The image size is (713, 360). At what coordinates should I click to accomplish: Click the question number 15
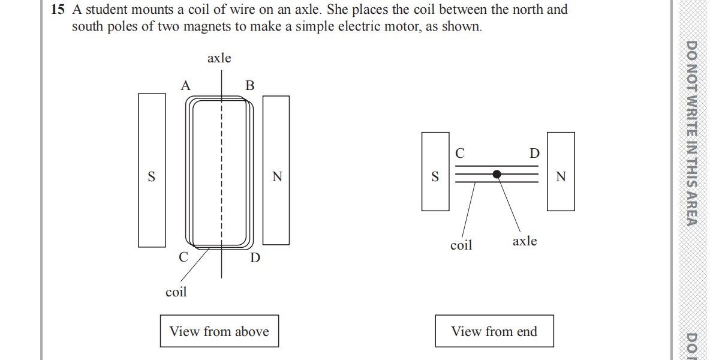tap(58, 10)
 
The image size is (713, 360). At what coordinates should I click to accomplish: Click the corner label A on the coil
tap(186, 86)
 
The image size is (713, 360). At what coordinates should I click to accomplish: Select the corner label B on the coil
tap(250, 86)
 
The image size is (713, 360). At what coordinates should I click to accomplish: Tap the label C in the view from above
tap(183, 257)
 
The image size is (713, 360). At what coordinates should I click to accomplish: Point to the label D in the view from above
tap(255, 259)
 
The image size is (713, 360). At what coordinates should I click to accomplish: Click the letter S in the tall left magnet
tap(151, 177)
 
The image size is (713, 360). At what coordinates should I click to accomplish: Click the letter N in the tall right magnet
tap(276, 177)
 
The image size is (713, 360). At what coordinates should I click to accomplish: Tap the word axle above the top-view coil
tap(219, 58)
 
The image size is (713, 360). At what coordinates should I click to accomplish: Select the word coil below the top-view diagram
tap(176, 292)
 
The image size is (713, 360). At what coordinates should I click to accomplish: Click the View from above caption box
tap(219, 331)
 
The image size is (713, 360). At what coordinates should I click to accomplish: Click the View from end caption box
tap(494, 331)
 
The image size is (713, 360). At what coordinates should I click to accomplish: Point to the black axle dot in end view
tap(497, 174)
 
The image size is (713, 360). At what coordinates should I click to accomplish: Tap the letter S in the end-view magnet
tap(435, 177)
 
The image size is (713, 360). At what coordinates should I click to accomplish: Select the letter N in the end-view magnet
tap(561, 177)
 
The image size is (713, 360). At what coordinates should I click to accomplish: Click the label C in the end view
tap(459, 154)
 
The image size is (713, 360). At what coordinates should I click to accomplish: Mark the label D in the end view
tap(534, 154)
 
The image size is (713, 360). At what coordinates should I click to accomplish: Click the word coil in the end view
tap(461, 245)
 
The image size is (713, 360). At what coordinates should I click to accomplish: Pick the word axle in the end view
tap(525, 241)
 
